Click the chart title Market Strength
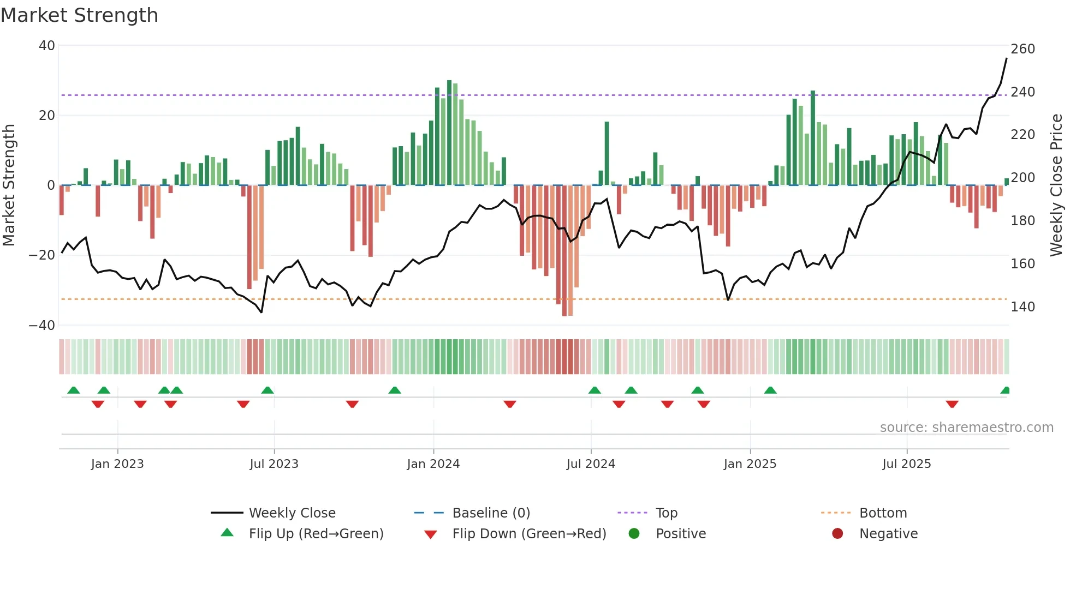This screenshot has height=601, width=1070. pos(79,15)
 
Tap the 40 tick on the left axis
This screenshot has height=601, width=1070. pos(47,46)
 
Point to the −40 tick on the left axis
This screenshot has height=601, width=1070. pos(42,326)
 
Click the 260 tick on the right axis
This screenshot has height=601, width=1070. pos(1023,49)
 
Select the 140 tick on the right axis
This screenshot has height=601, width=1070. pos(1023,307)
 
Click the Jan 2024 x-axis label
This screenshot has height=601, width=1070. pos(433,464)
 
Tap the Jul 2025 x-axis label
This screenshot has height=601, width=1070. pos(906,464)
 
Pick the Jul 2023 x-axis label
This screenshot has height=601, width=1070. pos(274,464)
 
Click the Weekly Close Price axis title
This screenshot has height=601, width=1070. pos(1057,185)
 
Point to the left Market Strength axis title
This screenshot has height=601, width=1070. pos(9,185)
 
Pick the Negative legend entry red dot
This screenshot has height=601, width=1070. pos(837,534)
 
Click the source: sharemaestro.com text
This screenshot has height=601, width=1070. pos(966,428)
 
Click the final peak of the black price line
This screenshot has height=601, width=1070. pos(1007,58)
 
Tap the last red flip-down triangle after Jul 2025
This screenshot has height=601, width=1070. pos(952,404)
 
